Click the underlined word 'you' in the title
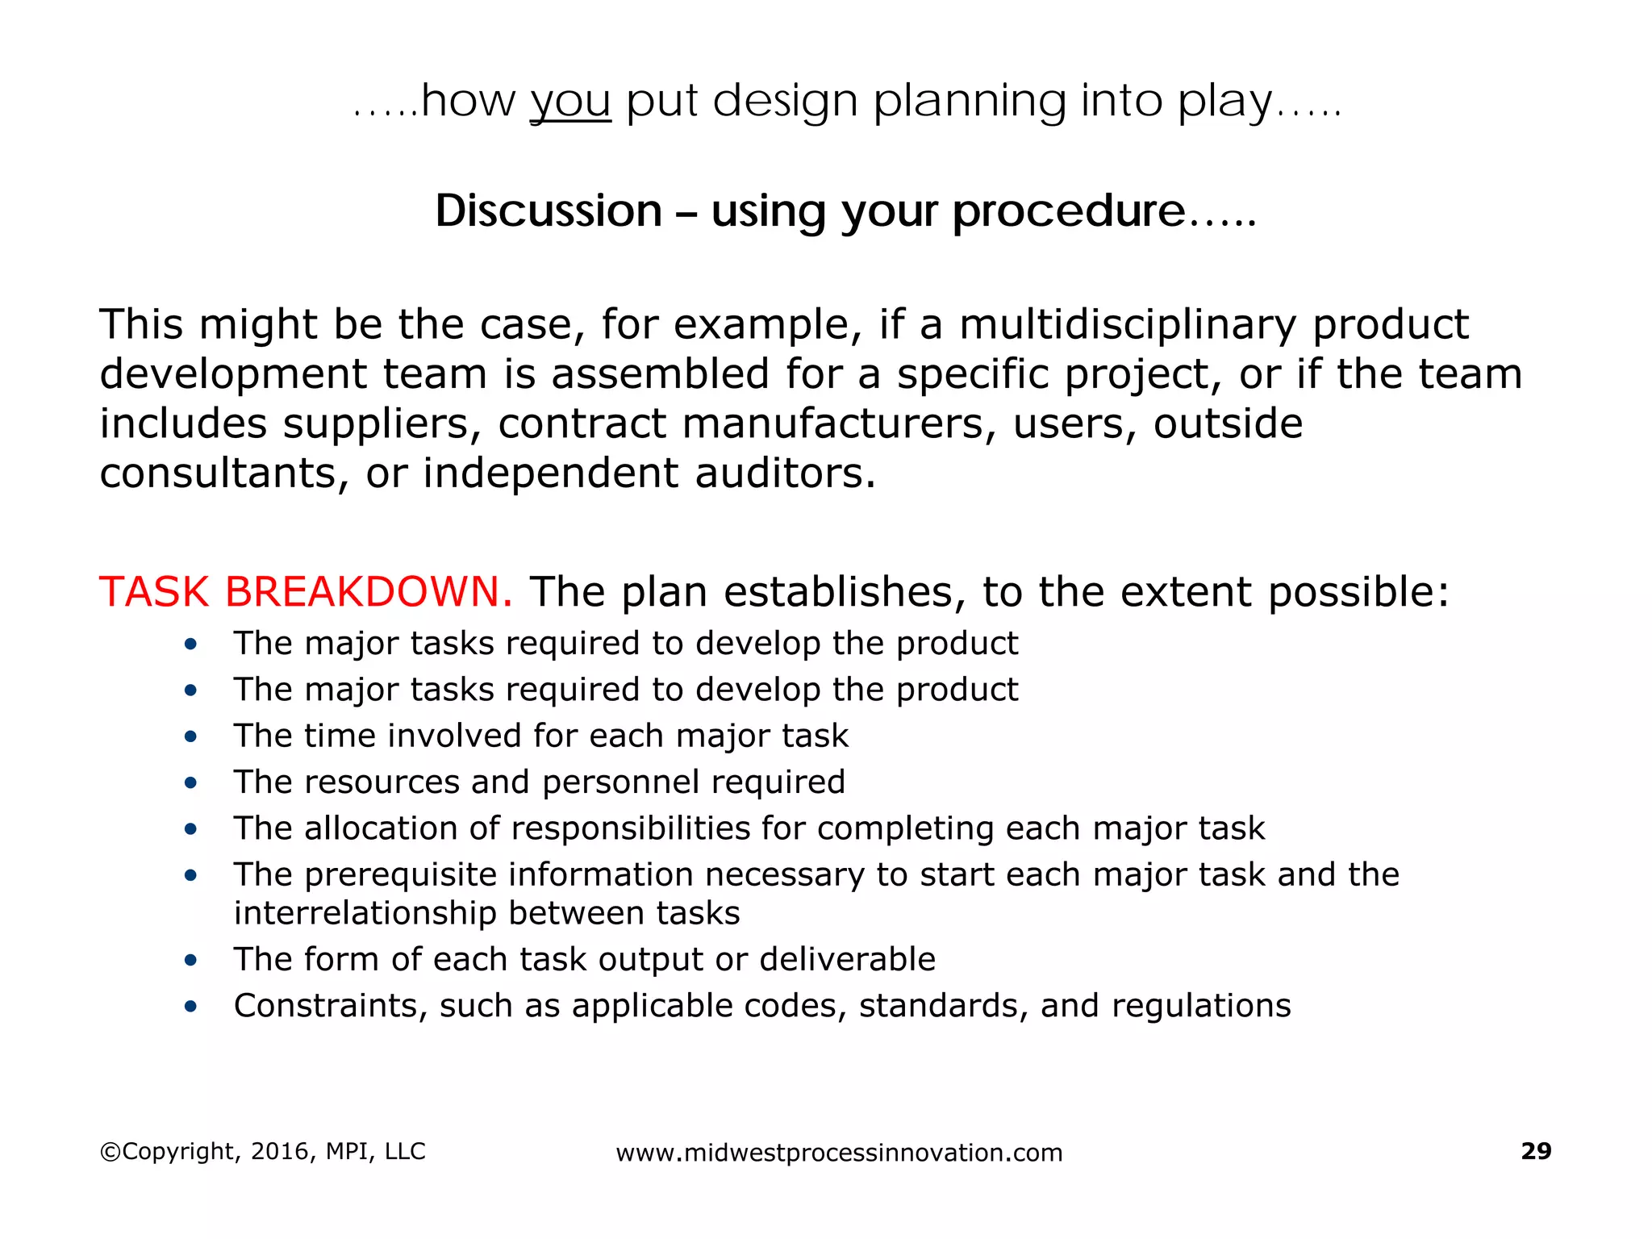coord(570,103)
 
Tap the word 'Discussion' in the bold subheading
coord(549,211)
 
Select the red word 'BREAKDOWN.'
coord(369,591)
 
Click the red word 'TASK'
coord(154,591)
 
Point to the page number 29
coord(1536,1151)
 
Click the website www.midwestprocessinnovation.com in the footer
coord(839,1153)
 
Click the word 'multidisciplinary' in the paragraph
coord(1128,324)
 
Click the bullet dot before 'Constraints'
coord(190,1006)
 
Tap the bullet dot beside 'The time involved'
coord(190,736)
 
